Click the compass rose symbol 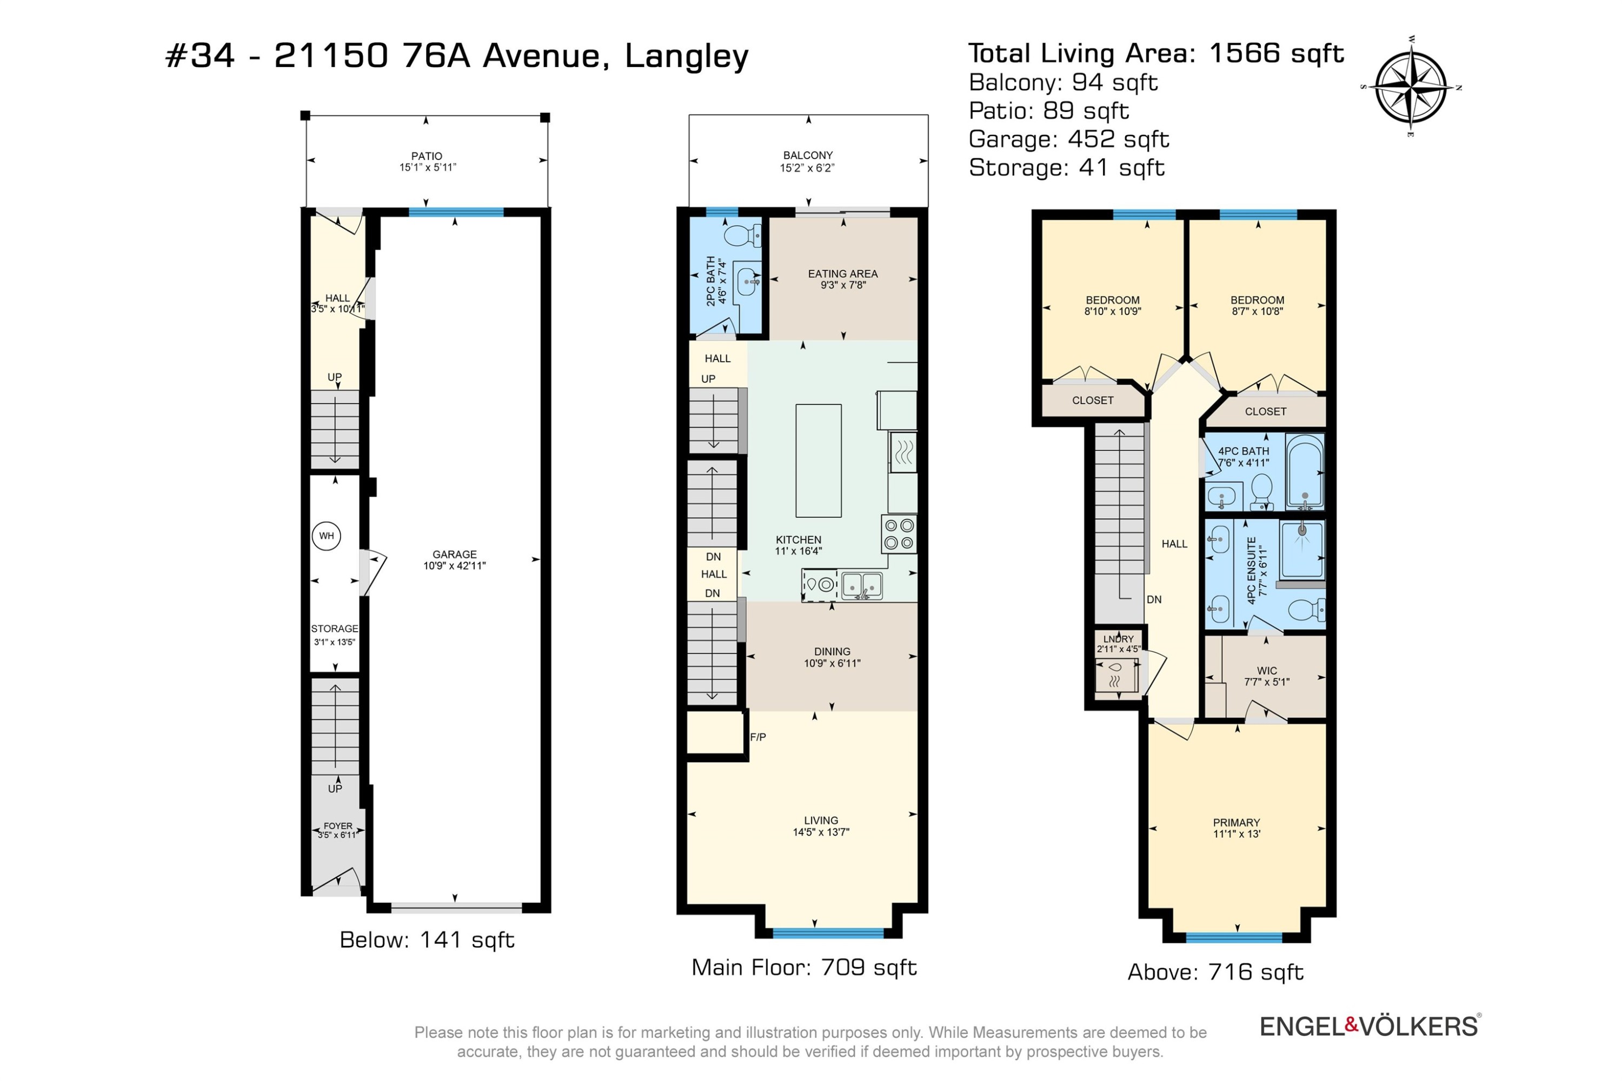(x=1411, y=88)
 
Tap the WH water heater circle (x=326, y=536)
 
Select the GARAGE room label (x=455, y=555)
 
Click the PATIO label (x=427, y=156)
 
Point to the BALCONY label (x=808, y=155)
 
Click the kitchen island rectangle (x=818, y=461)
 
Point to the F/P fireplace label (x=758, y=737)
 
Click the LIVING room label (x=821, y=820)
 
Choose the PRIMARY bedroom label (x=1237, y=823)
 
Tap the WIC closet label (x=1267, y=671)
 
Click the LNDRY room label (x=1118, y=639)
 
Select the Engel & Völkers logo (x=1370, y=1026)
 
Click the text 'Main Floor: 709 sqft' (x=804, y=968)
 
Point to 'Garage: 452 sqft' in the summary (x=1069, y=139)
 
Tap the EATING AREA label (x=843, y=273)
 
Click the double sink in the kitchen (x=862, y=585)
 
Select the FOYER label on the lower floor (x=338, y=826)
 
